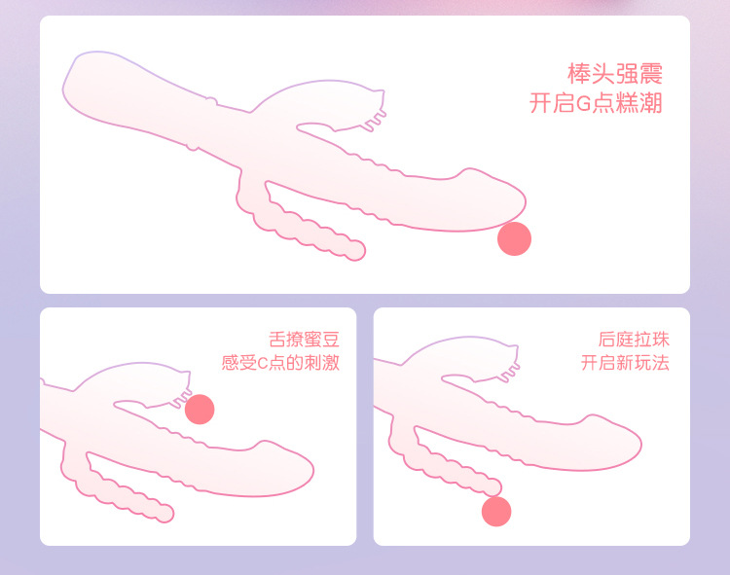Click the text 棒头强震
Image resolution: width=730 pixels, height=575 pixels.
(x=614, y=74)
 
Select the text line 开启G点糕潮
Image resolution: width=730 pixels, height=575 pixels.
(x=596, y=103)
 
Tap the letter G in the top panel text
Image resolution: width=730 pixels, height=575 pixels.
(x=583, y=104)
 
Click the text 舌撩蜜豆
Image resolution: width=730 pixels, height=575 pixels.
(x=304, y=340)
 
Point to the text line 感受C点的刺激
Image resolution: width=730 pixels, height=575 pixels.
(x=280, y=362)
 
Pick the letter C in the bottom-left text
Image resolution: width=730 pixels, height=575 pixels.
(x=262, y=363)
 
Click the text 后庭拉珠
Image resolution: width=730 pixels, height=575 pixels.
(x=634, y=340)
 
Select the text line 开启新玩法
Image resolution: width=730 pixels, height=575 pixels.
(x=625, y=362)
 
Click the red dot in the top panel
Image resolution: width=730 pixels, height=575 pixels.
(x=514, y=238)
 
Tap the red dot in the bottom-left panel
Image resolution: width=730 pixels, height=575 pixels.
(x=200, y=410)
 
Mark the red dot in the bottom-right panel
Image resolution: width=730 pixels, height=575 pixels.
(x=496, y=511)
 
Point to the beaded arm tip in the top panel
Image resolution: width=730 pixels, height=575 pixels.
(x=356, y=250)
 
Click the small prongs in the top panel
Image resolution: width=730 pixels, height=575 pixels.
(x=376, y=120)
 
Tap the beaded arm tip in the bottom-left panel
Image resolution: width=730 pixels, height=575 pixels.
(x=164, y=513)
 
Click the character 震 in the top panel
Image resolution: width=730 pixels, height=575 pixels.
(x=651, y=74)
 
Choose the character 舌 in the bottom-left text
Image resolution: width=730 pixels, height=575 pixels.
(x=277, y=340)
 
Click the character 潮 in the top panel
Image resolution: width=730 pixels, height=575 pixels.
(x=651, y=103)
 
